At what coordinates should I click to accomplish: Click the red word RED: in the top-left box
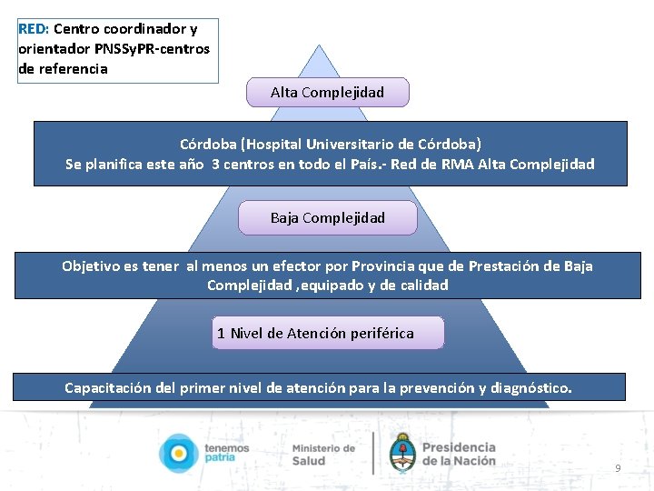point(34,29)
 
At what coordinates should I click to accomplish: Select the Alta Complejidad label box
point(327,93)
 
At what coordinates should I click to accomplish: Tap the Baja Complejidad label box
point(327,218)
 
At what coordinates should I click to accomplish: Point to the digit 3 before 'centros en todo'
point(215,165)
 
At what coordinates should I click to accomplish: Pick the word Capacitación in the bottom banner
point(108,388)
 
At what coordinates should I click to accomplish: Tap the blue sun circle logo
point(177,453)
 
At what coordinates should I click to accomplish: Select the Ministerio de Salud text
point(322,454)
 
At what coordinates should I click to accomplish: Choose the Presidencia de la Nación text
point(459,454)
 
